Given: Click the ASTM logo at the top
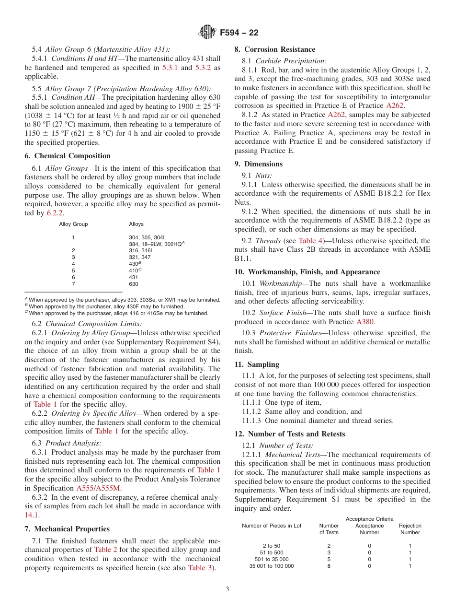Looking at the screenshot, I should pyautogui.click(x=207, y=33).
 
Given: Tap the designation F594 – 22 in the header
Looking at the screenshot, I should pyautogui.click(x=239, y=33).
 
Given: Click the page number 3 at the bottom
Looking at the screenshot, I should pyautogui.click(x=227, y=589).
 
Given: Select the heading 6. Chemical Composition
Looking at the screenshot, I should pyautogui.click(x=68, y=156).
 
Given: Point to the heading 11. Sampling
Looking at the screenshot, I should pyautogui.click(x=257, y=364).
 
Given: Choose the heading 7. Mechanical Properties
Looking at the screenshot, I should pyautogui.click(x=67, y=529).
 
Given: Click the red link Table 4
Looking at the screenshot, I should pyautogui.click(x=310, y=241).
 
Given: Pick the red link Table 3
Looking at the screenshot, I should pyautogui.click(x=200, y=568).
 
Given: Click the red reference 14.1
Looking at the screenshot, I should pyautogui.click(x=32, y=515).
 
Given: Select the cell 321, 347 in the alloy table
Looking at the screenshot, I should pyautogui.click(x=139, y=257).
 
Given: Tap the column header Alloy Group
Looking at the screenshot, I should pyautogui.click(x=73, y=224).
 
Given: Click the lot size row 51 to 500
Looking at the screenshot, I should pyautogui.click(x=272, y=552).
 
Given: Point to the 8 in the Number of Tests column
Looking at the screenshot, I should pyautogui.click(x=329, y=566).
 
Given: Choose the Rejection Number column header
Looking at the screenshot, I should pyautogui.click(x=410, y=529).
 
